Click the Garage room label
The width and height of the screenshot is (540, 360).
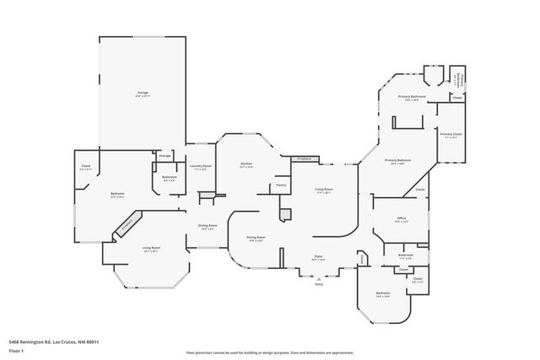click(x=143, y=92)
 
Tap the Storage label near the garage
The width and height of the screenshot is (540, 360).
click(x=165, y=155)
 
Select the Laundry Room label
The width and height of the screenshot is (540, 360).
click(x=200, y=166)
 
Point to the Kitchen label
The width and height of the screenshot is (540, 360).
click(x=246, y=164)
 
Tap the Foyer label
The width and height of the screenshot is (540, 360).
click(x=319, y=256)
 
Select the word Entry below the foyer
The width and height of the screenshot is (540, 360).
click(x=319, y=284)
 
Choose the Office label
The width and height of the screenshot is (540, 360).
click(x=402, y=218)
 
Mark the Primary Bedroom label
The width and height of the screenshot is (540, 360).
click(x=398, y=160)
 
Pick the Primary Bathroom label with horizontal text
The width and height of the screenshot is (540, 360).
click(x=412, y=97)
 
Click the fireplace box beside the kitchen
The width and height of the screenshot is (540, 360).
click(x=303, y=159)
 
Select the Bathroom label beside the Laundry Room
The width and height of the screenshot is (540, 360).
click(x=170, y=177)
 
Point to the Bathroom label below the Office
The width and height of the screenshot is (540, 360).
click(x=405, y=255)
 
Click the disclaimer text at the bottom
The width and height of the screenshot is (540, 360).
click(x=269, y=352)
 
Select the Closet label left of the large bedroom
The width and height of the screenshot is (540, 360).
click(x=85, y=166)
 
